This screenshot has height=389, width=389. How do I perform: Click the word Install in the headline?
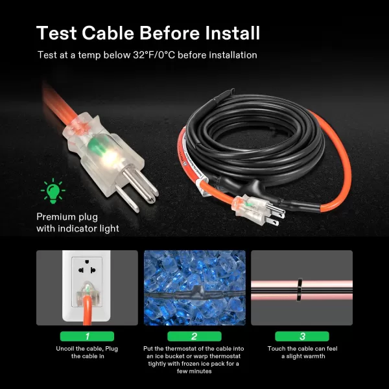(233, 33)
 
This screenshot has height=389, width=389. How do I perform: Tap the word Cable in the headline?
(108, 33)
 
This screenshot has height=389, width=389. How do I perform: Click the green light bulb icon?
(53, 191)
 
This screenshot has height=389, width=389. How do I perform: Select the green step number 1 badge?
(87, 336)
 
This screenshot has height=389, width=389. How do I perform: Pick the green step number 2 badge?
(194, 336)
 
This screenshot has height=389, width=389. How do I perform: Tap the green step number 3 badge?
(302, 336)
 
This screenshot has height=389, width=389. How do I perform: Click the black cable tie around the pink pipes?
(300, 290)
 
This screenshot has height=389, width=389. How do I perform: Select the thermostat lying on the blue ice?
(196, 293)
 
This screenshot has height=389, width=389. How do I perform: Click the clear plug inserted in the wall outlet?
(87, 293)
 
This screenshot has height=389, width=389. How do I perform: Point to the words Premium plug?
(67, 217)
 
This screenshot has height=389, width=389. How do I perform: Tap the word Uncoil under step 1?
(65, 349)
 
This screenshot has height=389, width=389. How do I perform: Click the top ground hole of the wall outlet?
(87, 261)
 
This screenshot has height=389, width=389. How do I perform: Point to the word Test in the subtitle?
(47, 55)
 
